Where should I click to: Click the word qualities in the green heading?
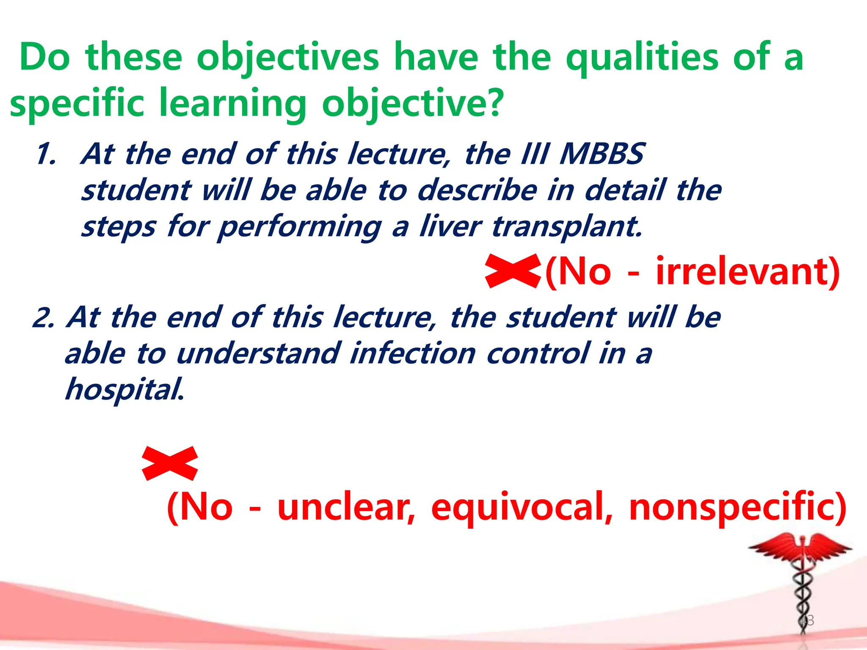click(x=642, y=58)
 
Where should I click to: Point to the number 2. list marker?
click(x=43, y=318)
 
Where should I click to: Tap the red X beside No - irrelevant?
click(x=513, y=271)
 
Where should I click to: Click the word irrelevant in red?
click(x=747, y=272)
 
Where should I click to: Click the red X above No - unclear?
click(x=170, y=463)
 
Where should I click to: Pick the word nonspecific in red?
click(x=737, y=508)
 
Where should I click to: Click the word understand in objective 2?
click(x=258, y=354)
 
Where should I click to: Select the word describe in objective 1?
click(x=477, y=190)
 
